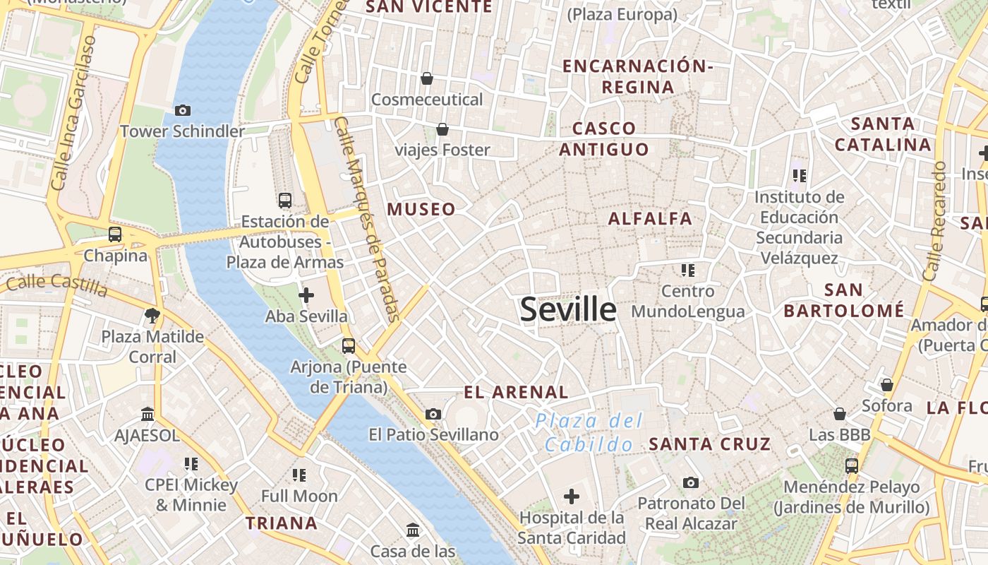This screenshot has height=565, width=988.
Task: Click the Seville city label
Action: point(568,309)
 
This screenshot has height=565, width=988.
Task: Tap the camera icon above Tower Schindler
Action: point(182,110)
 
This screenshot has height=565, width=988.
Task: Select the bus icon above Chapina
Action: point(114,234)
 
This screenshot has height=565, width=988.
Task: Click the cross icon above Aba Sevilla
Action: point(306,295)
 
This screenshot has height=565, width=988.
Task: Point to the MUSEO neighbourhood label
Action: point(421,209)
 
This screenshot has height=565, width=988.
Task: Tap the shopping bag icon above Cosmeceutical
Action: point(426,78)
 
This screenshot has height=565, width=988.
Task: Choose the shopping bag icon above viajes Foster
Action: point(442,129)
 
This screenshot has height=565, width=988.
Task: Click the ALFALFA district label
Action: point(650,218)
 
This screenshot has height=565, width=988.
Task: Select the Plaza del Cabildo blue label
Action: point(589,432)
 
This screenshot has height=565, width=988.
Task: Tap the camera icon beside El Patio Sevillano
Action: point(433,414)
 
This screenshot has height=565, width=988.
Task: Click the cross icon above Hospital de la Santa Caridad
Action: point(572,496)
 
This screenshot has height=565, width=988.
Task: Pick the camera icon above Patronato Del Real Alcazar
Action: point(691,482)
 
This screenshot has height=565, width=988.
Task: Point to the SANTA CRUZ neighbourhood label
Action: point(710,444)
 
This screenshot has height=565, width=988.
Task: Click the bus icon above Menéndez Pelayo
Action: point(852,465)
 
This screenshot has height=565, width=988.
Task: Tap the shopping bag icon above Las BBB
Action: point(840,413)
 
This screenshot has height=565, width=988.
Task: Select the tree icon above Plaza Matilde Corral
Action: point(152,315)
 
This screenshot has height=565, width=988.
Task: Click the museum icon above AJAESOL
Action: point(147,414)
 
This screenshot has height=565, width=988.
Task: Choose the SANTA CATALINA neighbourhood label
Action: point(883,134)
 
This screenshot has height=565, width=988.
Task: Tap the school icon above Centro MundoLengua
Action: point(688,270)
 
